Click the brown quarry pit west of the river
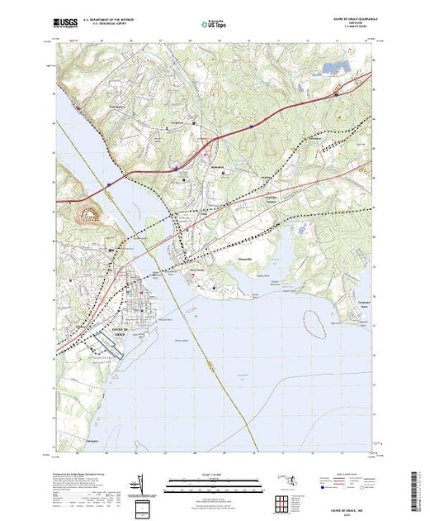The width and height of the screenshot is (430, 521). tap(89, 215)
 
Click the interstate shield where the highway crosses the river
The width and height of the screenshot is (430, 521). tap(107, 184)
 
